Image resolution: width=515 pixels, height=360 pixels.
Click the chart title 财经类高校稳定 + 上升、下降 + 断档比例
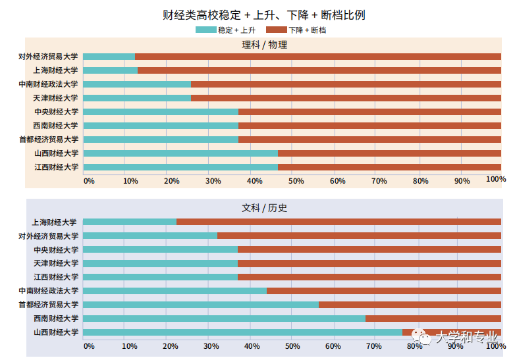click(x=263, y=14)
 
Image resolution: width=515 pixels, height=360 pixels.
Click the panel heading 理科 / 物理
click(x=264, y=45)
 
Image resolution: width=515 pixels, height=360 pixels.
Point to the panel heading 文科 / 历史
click(x=264, y=208)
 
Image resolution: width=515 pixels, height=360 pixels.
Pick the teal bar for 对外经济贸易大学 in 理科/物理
click(x=109, y=57)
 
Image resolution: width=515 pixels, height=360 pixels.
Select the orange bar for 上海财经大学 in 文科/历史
click(x=339, y=222)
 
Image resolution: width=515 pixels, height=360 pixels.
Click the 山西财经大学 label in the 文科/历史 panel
click(x=55, y=332)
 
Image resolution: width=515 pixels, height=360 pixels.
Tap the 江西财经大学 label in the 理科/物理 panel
click(x=56, y=167)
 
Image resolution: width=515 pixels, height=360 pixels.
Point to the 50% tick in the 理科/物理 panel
click(x=295, y=180)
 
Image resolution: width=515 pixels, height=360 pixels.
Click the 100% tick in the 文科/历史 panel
click(x=495, y=346)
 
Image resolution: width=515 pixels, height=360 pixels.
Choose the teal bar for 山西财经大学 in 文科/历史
click(x=242, y=332)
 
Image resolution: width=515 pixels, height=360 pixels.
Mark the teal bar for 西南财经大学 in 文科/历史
click(x=224, y=319)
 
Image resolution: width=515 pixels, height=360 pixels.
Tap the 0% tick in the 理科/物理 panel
click(x=89, y=180)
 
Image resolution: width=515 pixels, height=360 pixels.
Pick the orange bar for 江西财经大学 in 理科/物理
click(x=389, y=167)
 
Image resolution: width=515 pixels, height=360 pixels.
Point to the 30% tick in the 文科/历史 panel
click(x=211, y=346)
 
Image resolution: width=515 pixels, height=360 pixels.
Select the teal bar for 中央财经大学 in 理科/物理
click(x=161, y=112)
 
